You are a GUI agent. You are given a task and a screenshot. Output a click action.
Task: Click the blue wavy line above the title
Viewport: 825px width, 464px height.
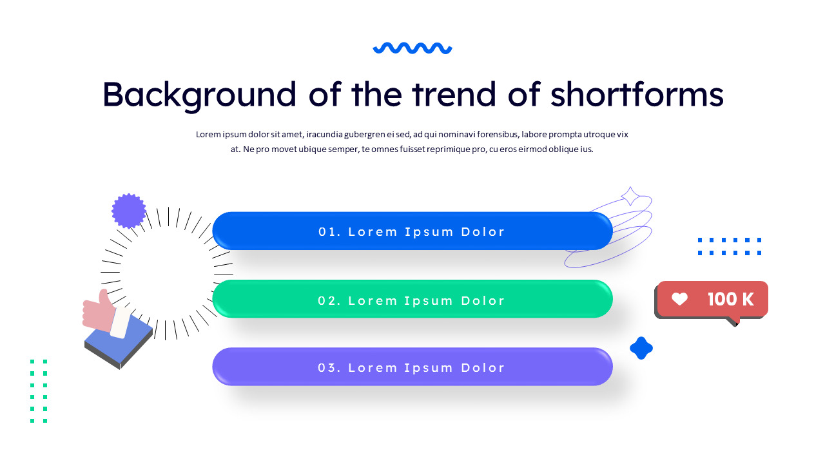tap(412, 48)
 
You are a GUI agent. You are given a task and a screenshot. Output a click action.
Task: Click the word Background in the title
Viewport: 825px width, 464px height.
tap(199, 94)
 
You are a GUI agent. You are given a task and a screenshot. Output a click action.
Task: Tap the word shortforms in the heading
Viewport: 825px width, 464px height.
tap(637, 94)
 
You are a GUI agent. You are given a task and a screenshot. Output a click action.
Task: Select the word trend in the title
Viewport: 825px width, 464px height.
tap(454, 94)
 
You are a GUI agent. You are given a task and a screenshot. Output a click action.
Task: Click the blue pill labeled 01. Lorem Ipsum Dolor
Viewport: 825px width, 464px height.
tap(412, 231)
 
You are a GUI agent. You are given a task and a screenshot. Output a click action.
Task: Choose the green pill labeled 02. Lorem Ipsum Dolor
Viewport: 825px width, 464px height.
tap(412, 300)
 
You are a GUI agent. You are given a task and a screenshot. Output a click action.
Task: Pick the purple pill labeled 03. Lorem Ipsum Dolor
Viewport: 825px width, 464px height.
tap(412, 367)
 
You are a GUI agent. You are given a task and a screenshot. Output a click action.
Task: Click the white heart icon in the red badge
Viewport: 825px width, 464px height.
tap(679, 299)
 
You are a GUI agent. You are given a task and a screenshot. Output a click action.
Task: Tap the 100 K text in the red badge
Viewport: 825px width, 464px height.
tap(730, 299)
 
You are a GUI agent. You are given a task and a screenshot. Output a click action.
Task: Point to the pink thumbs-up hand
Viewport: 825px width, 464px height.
tap(100, 311)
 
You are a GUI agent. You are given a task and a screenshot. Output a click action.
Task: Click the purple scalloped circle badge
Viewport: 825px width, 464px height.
tap(129, 211)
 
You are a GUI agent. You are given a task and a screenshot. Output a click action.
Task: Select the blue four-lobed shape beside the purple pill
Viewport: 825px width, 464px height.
tap(641, 348)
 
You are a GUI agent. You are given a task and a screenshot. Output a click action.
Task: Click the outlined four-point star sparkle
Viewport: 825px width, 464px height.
tap(630, 197)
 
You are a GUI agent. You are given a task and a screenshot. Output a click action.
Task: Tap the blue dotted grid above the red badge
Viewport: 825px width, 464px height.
tap(729, 247)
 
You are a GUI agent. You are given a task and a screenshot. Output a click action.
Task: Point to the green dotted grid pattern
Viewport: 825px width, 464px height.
tap(39, 391)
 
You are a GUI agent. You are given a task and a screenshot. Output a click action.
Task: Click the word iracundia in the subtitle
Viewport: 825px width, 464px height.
tap(328, 135)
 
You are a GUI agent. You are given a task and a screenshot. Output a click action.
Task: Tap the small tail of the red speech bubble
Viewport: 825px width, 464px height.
tap(732, 321)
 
